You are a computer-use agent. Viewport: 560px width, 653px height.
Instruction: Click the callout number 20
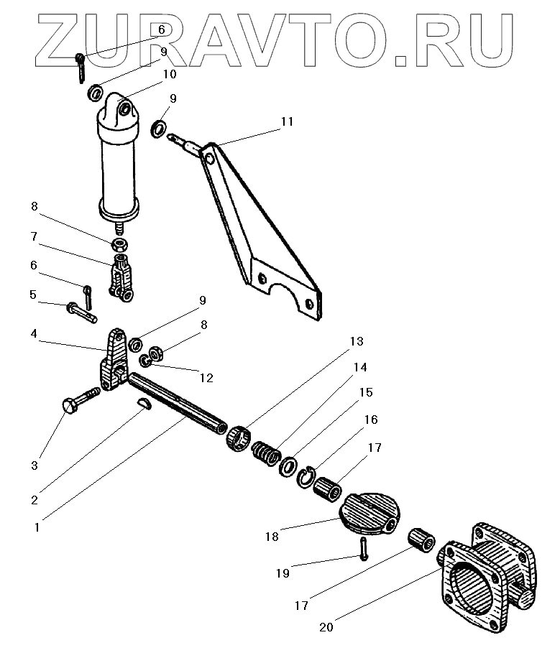click(326, 626)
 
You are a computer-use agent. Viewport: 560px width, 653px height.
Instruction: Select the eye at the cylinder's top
click(127, 109)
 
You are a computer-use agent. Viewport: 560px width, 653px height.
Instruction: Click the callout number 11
click(287, 121)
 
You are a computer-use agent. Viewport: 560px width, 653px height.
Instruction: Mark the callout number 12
click(206, 377)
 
